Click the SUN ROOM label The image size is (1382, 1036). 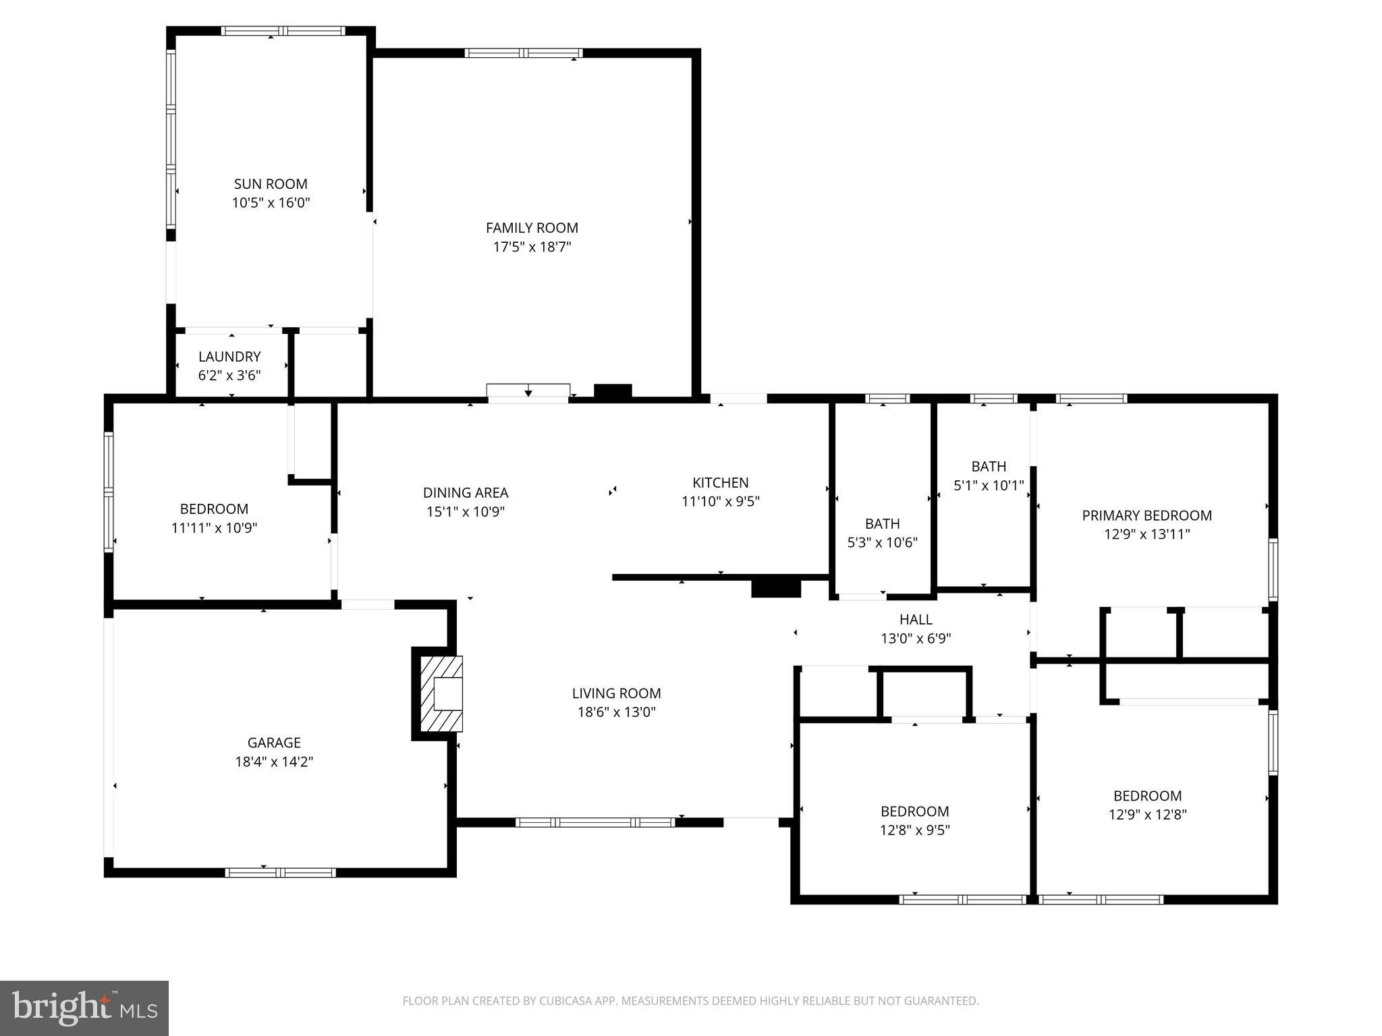pos(271,184)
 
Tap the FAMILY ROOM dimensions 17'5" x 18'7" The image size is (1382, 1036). pos(532,247)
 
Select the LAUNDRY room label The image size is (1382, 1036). pos(229,357)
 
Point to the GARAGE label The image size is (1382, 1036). pos(274,743)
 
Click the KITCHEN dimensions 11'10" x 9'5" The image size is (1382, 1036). pos(720,501)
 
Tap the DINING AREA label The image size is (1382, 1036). pos(466,493)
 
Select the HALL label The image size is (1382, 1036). pos(916,619)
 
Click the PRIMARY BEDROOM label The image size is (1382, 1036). pos(1146,515)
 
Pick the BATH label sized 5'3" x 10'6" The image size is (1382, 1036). pos(882,523)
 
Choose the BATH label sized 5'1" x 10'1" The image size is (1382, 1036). pos(989,466)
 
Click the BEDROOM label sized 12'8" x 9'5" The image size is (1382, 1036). pos(914,811)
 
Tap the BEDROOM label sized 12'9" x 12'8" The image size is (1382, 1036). pos(1147,796)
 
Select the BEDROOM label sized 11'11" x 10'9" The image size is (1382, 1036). pos(214,509)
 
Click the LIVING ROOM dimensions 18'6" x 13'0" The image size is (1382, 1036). pos(616,712)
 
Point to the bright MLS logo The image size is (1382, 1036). pos(84,1008)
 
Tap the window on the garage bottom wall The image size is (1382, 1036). pos(280,873)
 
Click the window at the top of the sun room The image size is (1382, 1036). pos(283,31)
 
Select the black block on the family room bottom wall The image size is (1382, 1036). pos(613,391)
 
